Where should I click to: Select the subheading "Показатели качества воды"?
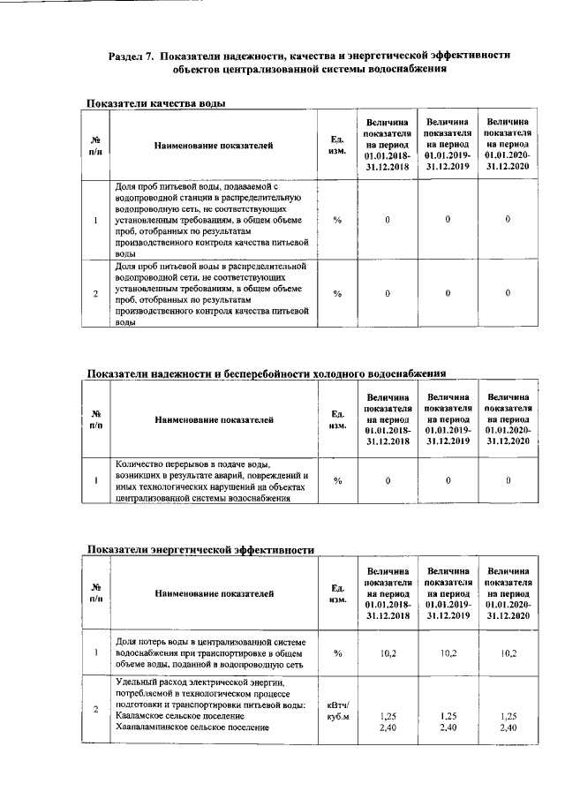[x=156, y=103]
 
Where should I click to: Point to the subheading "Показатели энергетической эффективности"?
[x=200, y=549]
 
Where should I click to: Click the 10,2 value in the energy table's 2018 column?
[x=388, y=653]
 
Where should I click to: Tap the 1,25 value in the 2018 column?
[x=388, y=715]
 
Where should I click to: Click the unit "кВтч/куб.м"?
[x=337, y=710]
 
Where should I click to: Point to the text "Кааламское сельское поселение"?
[x=172, y=715]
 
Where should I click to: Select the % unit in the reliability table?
[x=337, y=480]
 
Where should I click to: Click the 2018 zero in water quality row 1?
[x=388, y=219]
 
